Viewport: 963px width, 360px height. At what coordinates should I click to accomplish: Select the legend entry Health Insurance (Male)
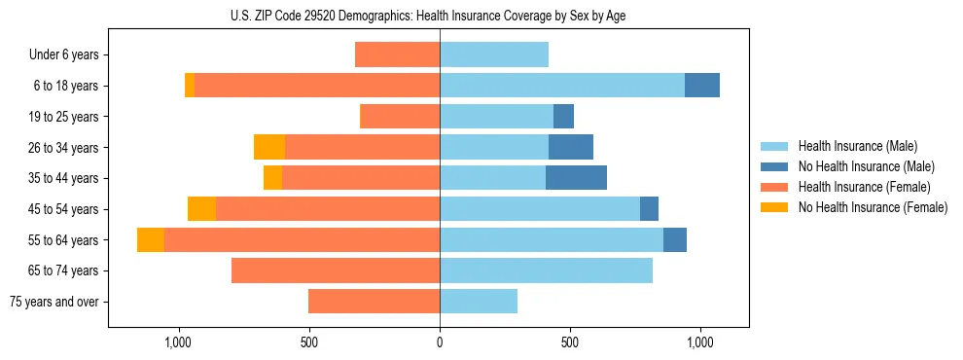point(857,146)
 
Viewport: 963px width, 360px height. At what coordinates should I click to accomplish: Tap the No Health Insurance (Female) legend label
point(873,207)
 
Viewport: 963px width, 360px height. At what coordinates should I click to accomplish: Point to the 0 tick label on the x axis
point(440,342)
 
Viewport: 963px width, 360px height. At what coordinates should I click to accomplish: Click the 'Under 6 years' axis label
point(64,55)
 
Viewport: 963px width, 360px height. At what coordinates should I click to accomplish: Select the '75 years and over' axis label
point(54,302)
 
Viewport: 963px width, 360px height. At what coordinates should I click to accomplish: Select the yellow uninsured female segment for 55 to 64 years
point(151,239)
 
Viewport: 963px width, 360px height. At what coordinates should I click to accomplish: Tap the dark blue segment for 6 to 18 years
point(701,86)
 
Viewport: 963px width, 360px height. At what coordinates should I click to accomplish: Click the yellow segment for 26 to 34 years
point(269,147)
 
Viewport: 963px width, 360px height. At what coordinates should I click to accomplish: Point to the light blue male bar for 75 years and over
point(479,302)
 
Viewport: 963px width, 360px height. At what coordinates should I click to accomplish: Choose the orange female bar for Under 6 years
point(397,55)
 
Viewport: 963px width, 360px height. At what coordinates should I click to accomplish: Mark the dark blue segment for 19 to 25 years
point(563,117)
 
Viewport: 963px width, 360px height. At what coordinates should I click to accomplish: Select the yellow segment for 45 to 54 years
point(201,209)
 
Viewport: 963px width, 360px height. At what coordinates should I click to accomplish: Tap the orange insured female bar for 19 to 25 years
point(400,117)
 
